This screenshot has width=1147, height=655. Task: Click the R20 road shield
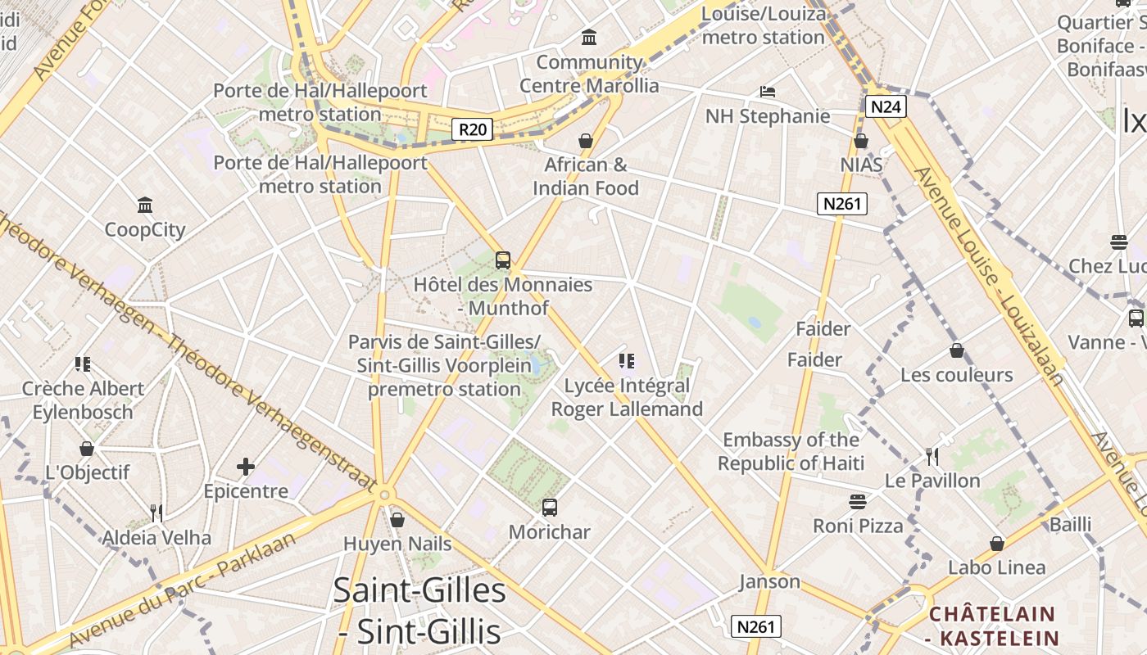tap(473, 129)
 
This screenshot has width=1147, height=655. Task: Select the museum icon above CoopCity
tap(145, 204)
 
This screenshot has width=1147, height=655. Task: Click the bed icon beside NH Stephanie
tap(768, 91)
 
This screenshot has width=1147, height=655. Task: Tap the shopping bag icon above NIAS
tap(861, 141)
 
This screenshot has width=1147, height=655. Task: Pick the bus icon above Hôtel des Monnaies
tap(503, 260)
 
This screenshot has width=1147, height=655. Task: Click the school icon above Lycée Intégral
tap(627, 361)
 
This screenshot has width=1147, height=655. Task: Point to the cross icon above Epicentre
tap(246, 467)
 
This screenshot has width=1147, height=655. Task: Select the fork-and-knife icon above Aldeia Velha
tap(156, 513)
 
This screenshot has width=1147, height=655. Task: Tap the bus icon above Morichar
tap(550, 508)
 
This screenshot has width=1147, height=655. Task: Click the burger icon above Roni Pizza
tap(858, 501)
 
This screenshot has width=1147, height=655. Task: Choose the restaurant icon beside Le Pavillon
tap(932, 456)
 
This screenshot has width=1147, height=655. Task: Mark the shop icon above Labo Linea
tap(997, 544)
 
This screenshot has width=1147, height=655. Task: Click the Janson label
tap(769, 581)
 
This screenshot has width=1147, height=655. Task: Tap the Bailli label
tap(1070, 524)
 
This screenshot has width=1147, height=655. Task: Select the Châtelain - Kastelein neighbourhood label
tap(992, 626)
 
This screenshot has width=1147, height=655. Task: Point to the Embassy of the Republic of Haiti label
tap(791, 451)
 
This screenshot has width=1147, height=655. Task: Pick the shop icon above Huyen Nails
tap(397, 520)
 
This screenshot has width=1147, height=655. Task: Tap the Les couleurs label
tap(956, 375)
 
